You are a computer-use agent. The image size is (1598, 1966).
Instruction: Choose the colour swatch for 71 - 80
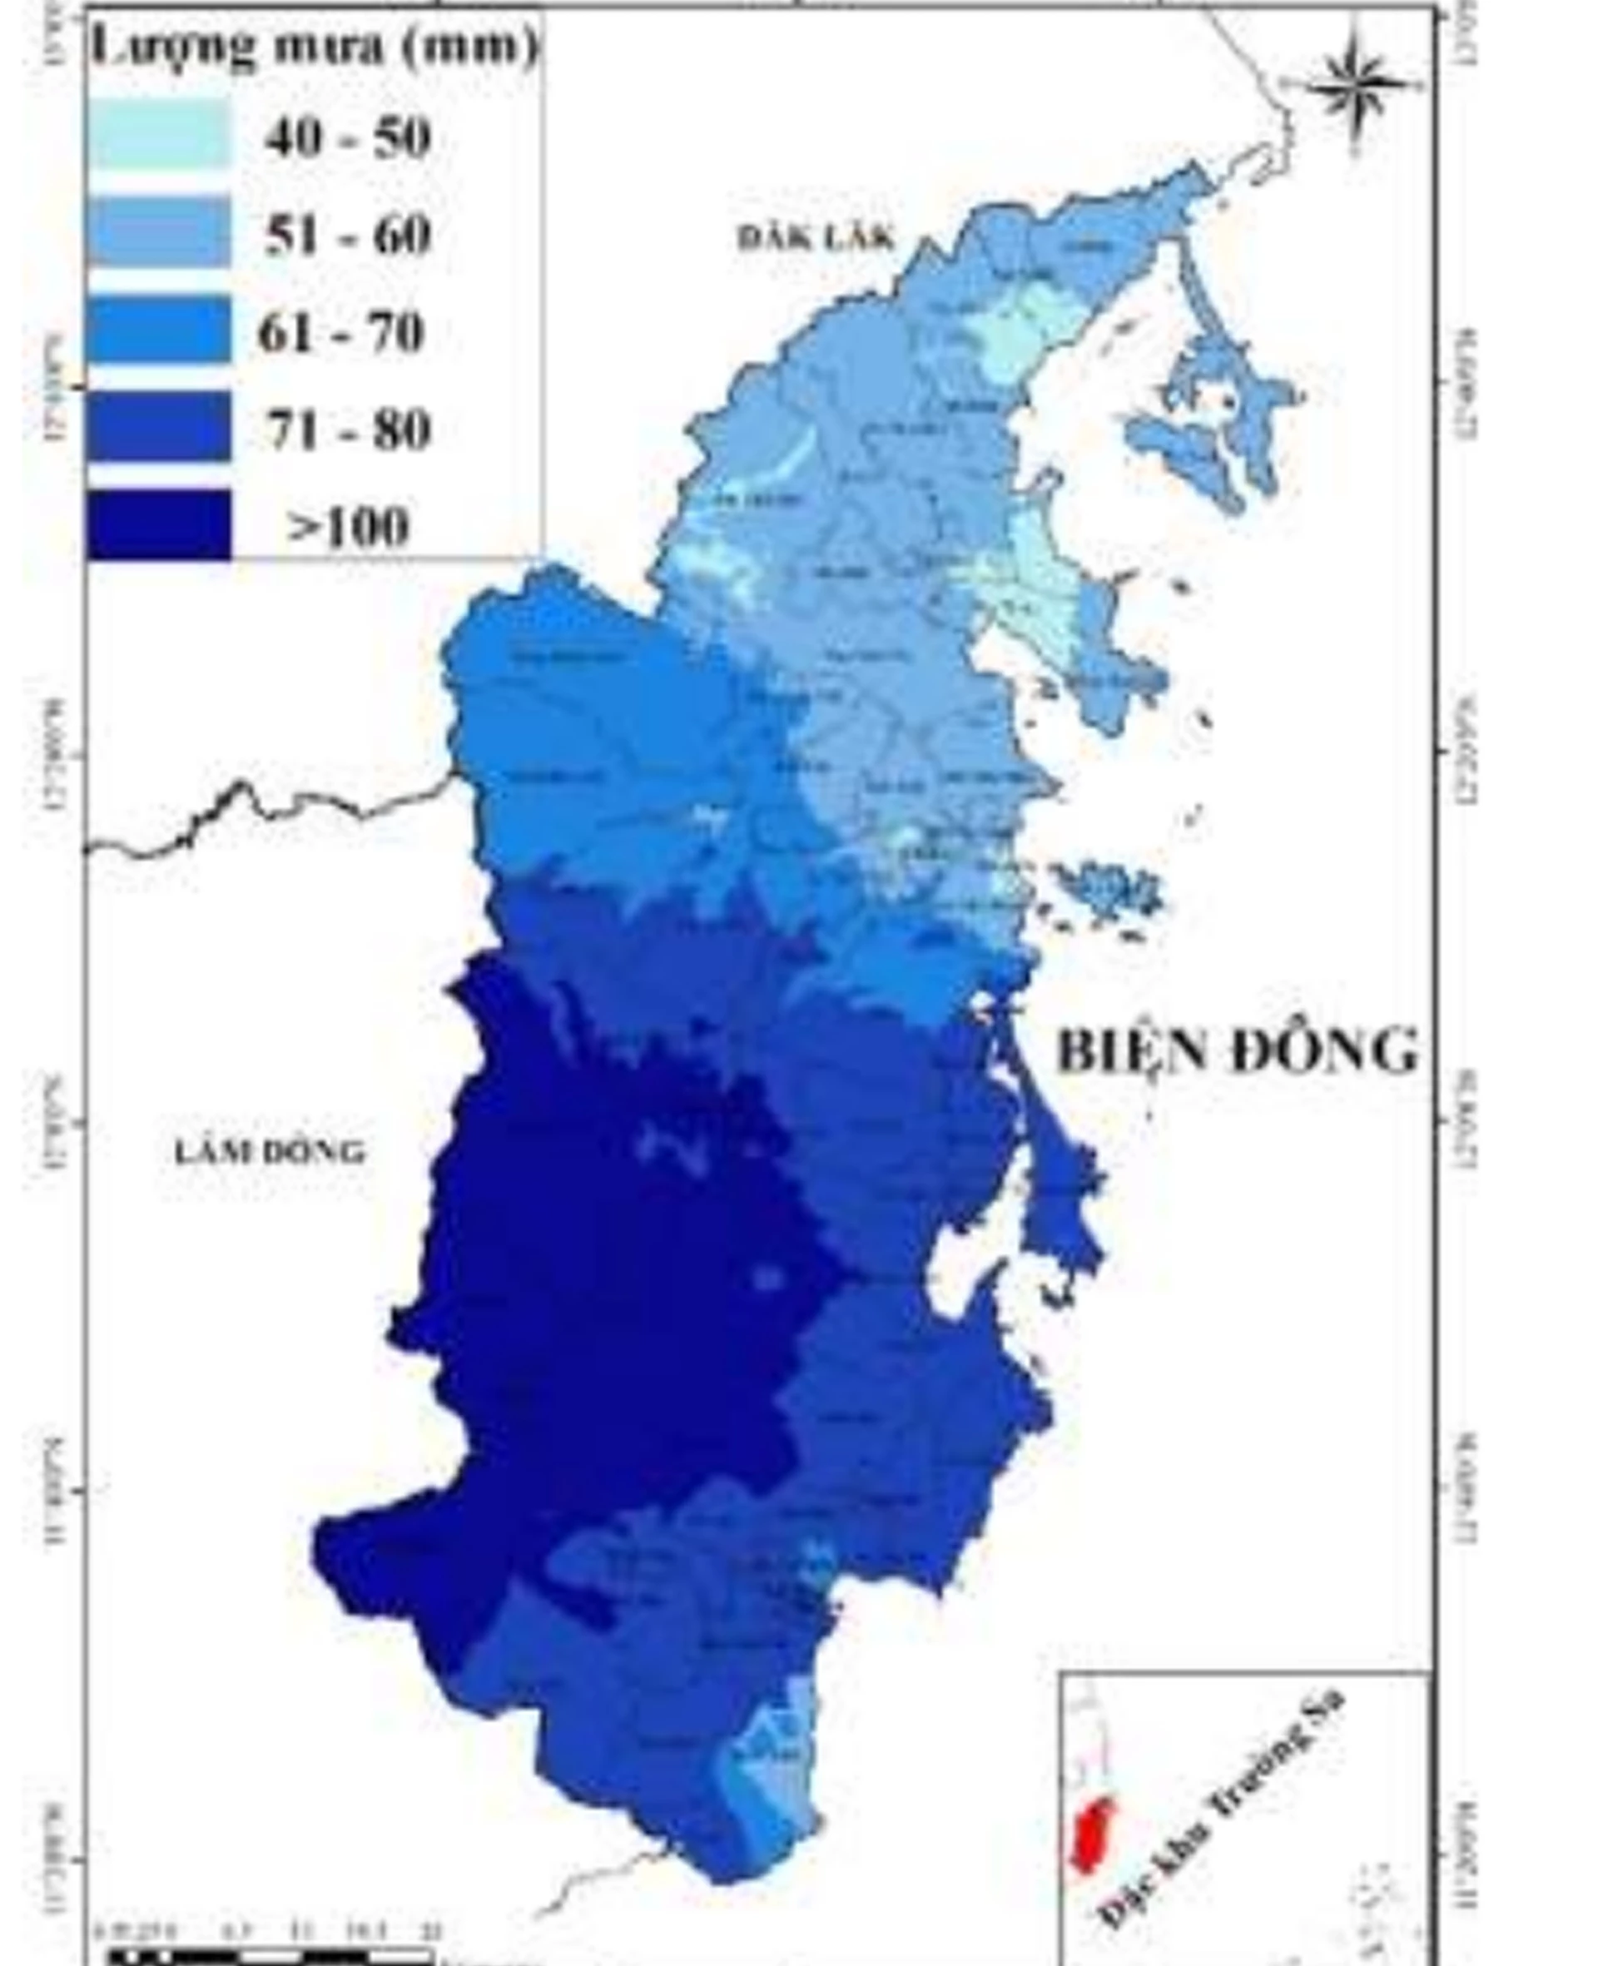[x=158, y=427]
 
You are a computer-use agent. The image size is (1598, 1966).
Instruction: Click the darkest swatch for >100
[x=158, y=524]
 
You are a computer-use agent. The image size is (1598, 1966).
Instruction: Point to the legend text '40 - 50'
[x=348, y=138]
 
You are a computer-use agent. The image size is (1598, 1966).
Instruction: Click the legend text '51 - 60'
[x=348, y=235]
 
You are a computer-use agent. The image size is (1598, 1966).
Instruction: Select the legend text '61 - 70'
[x=341, y=332]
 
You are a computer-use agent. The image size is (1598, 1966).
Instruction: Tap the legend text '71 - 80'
[x=348, y=429]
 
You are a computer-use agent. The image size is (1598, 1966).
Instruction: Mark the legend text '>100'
[x=348, y=528]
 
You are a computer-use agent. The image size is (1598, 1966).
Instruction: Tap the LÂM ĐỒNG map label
[x=270, y=1151]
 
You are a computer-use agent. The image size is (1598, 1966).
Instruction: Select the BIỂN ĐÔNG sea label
[x=1236, y=1050]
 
